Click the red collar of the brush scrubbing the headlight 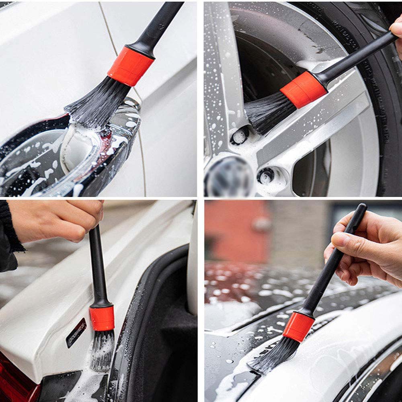coord(130,66)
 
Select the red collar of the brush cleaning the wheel coord(304,89)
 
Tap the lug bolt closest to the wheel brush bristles coord(240,135)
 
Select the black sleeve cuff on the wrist coord(10,229)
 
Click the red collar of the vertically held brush coord(102,318)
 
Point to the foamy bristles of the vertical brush coord(101,350)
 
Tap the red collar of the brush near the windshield coord(298,326)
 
